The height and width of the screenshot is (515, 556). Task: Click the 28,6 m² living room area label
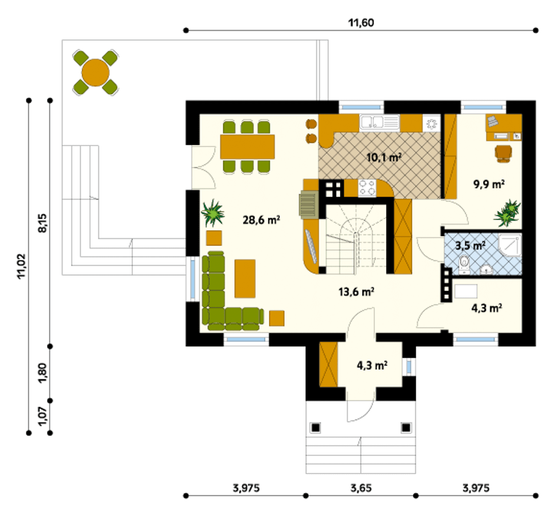click(261, 220)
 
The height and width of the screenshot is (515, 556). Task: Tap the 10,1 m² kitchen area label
click(384, 158)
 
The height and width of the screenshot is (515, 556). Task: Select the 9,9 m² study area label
click(489, 184)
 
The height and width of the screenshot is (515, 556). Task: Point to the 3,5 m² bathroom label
click(470, 246)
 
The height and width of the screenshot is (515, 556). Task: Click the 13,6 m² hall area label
click(356, 292)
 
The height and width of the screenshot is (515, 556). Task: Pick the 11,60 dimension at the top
click(361, 23)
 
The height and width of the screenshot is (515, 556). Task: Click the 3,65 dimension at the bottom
click(361, 488)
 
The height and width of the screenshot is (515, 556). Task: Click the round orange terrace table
click(96, 72)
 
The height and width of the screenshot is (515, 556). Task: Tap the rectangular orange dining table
click(247, 147)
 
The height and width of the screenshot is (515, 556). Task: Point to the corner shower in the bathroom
click(510, 246)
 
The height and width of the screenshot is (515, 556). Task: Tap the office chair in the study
click(503, 153)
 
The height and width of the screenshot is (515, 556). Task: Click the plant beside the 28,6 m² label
click(213, 213)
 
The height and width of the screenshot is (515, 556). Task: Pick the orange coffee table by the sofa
click(245, 279)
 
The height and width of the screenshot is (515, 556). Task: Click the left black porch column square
click(316, 428)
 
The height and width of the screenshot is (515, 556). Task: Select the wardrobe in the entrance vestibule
click(329, 364)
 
